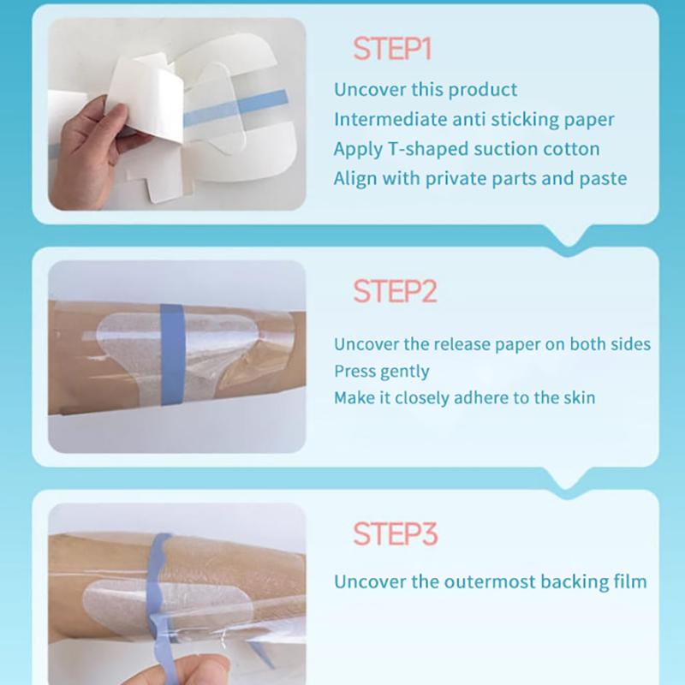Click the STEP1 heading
point(392,49)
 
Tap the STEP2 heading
point(395,291)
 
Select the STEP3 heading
point(396,533)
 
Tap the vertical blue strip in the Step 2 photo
point(173,354)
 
